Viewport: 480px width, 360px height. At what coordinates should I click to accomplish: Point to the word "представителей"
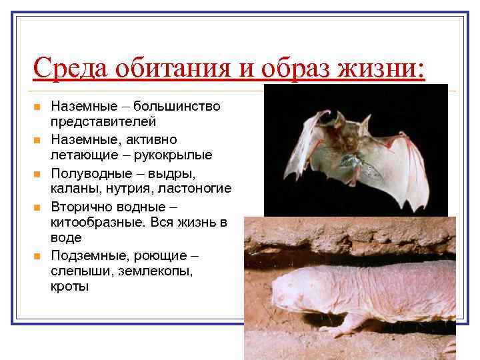coord(103,122)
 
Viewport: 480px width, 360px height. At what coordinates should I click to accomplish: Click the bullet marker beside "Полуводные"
coord(37,173)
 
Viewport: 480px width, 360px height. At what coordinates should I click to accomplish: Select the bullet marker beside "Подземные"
coord(37,257)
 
